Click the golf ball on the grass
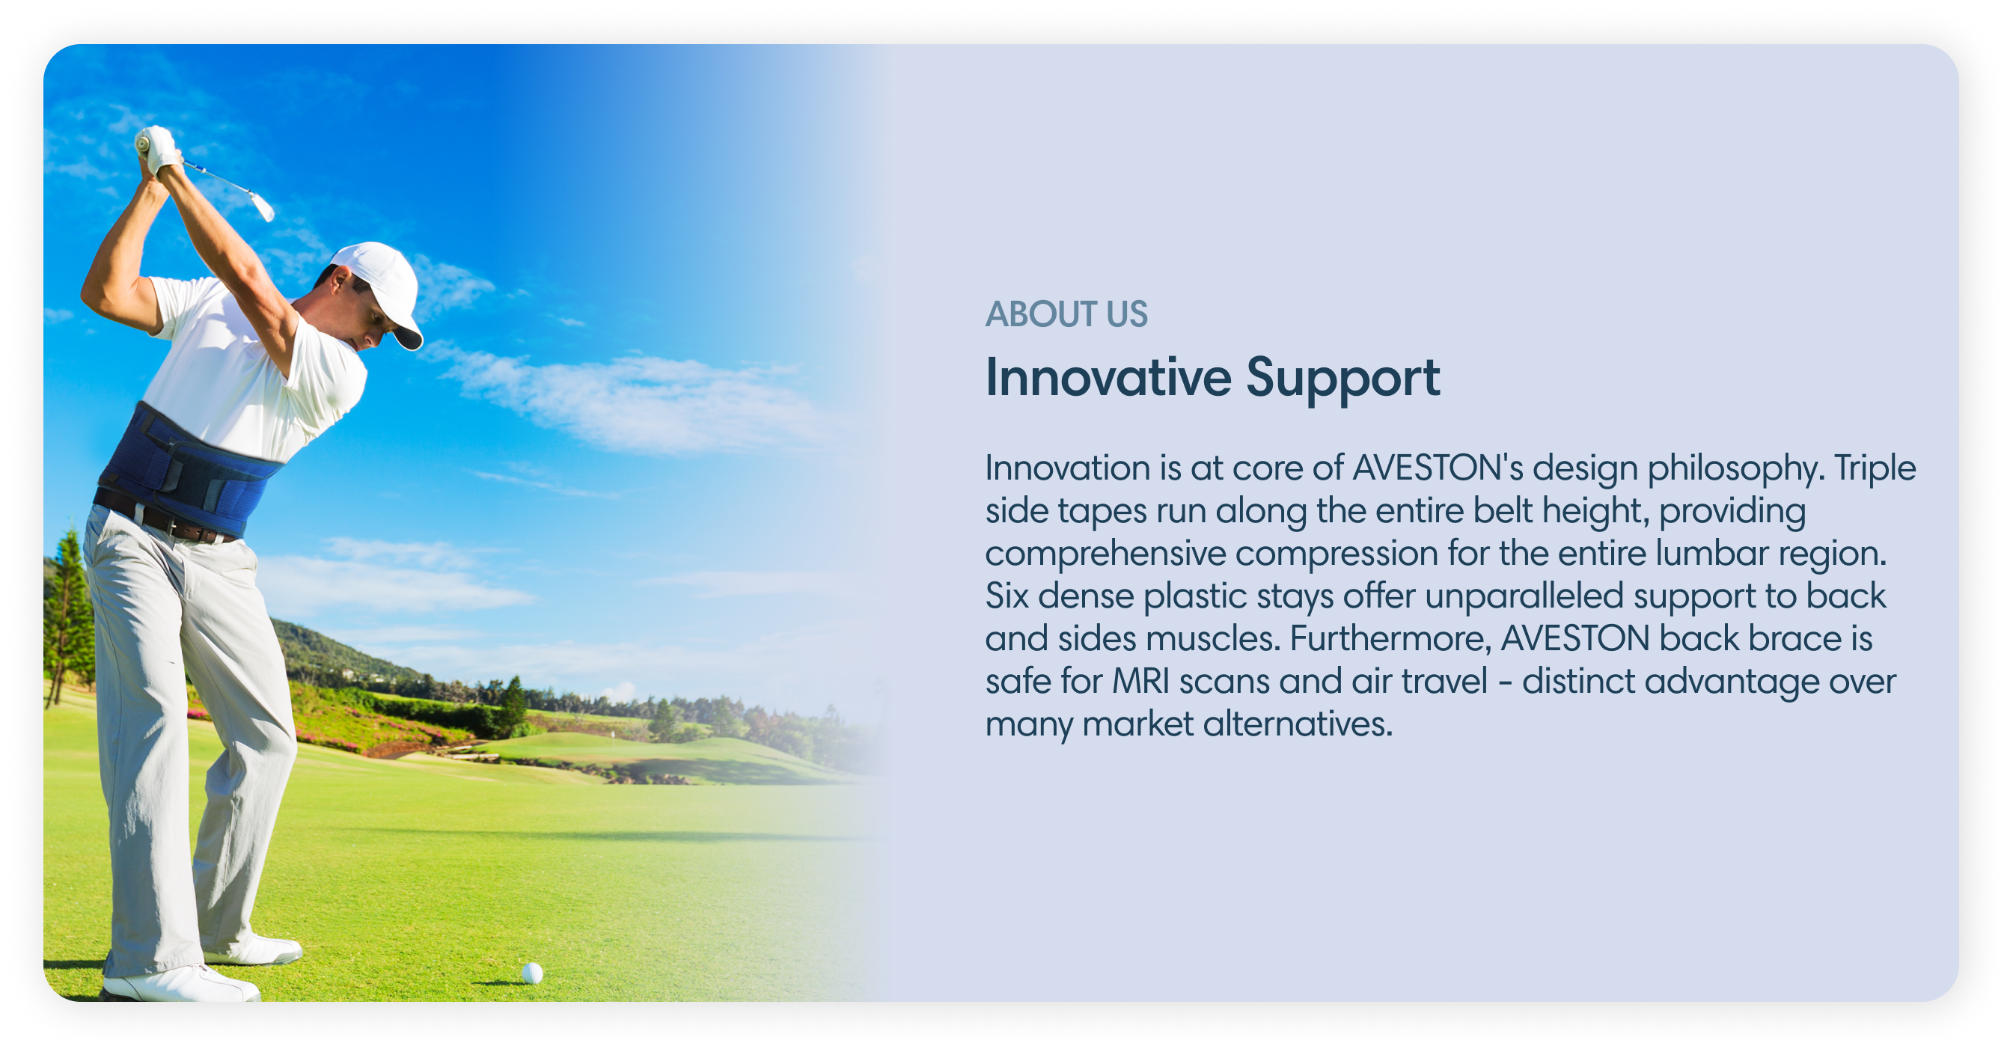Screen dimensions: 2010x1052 click(532, 973)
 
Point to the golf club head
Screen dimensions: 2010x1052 click(263, 206)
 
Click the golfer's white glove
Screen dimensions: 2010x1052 click(159, 148)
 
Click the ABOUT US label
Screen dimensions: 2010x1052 click(1066, 314)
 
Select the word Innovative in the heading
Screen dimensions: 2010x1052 click(1109, 378)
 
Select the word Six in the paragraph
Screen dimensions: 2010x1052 click(1006, 596)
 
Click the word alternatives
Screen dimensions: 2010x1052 click(1298, 724)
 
